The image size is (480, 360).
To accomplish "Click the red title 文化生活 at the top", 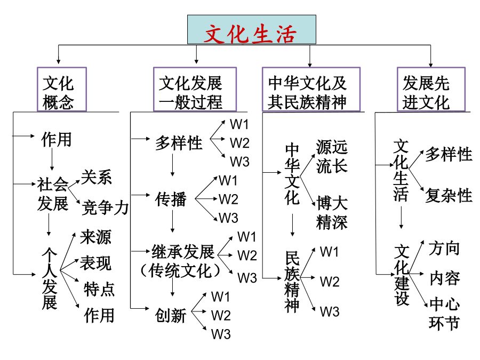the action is (251, 34).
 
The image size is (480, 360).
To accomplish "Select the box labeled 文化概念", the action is (62, 89).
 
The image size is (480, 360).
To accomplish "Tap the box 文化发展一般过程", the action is (195, 89).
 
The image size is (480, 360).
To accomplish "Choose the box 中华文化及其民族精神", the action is (311, 89).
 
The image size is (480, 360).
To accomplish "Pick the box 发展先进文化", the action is (431, 89).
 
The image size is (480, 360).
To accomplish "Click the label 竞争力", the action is (105, 207).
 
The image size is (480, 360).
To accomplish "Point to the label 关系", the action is (96, 177).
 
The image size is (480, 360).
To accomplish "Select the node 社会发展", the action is (53, 194).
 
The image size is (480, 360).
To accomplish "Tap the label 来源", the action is (95, 237).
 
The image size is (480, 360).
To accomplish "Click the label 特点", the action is (99, 289).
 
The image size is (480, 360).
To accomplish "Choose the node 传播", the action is (171, 199).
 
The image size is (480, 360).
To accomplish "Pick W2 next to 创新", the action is (221, 315).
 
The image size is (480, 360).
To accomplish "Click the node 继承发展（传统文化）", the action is (181, 261).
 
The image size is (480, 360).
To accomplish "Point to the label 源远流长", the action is (332, 156).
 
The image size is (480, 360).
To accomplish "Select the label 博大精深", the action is (332, 213).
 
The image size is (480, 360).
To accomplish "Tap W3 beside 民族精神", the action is (330, 311).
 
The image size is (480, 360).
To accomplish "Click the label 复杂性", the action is (449, 195).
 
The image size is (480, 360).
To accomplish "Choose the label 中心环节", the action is (444, 314).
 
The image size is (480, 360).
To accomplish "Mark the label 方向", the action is (444, 248).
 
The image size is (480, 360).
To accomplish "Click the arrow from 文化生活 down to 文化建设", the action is (401, 218).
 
